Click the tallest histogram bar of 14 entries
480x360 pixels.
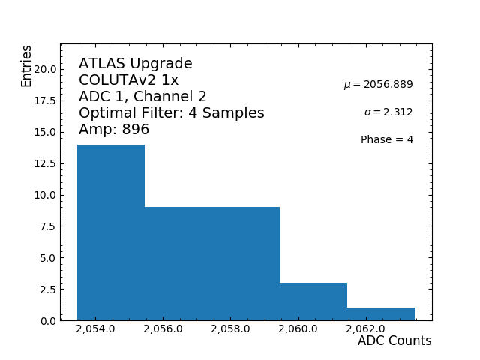click(111, 232)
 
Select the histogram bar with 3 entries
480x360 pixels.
click(313, 301)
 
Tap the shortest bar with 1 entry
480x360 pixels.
click(381, 314)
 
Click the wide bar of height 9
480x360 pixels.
click(212, 263)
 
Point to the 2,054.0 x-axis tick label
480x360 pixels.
click(95, 329)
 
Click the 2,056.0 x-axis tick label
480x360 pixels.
click(163, 329)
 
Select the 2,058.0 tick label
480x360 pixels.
click(230, 329)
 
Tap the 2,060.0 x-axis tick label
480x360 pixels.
click(298, 329)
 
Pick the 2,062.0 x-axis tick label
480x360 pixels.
click(365, 329)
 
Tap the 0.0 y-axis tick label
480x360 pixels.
click(47, 321)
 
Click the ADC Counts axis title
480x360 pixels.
click(394, 341)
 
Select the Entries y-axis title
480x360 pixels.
click(27, 66)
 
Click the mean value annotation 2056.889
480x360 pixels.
click(378, 85)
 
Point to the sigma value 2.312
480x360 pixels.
click(388, 112)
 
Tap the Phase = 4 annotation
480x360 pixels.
click(387, 140)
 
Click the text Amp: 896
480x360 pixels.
click(114, 130)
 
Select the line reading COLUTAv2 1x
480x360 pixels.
click(129, 80)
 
